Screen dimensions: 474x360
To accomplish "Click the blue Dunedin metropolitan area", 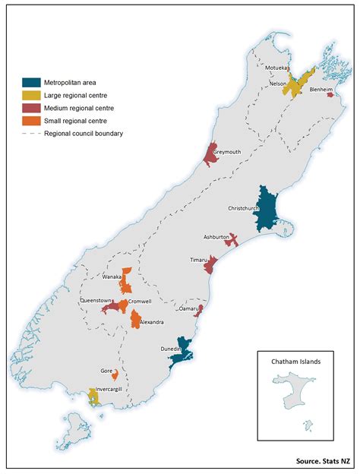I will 185,351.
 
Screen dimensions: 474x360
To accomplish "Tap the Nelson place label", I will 278,84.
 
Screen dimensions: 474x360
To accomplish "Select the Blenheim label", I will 322,89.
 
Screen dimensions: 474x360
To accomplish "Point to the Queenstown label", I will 96,301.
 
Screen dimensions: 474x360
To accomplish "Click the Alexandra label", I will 150,322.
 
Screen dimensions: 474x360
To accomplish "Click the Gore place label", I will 106,371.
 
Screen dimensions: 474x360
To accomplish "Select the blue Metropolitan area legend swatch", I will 32,83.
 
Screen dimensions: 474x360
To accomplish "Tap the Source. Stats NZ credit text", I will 323,461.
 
